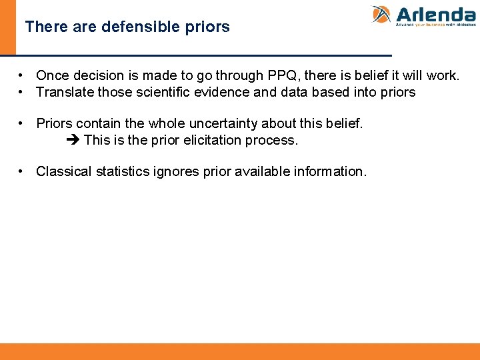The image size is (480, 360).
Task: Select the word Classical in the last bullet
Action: (x=64, y=171)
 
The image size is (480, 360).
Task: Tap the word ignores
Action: (x=176, y=171)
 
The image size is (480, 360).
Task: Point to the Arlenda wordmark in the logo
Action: (x=435, y=14)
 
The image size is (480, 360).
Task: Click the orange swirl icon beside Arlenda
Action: (x=381, y=15)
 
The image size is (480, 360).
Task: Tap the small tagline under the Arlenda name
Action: (x=435, y=25)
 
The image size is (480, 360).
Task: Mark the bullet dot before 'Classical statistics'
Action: (x=22, y=171)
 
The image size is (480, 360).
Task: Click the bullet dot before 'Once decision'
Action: (x=22, y=75)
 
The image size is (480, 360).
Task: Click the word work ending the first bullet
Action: (x=444, y=75)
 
